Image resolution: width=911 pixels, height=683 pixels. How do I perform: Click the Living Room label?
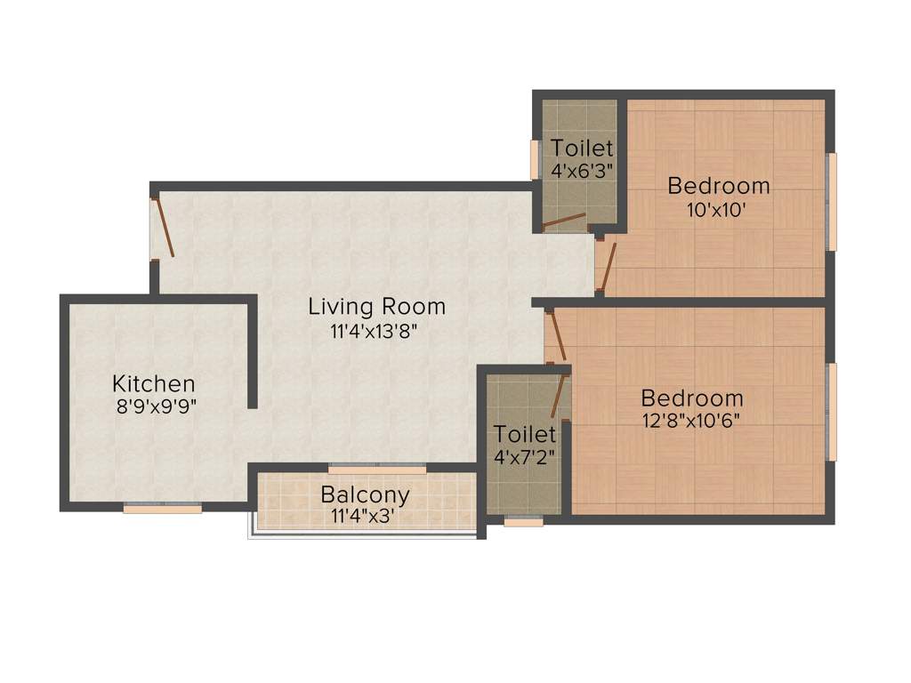(376, 307)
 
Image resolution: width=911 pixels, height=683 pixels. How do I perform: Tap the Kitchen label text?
(153, 384)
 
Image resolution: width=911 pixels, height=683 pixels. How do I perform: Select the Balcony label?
(366, 494)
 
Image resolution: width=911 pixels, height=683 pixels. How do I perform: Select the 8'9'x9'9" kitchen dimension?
(153, 407)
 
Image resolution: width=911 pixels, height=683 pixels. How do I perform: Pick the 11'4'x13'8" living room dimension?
(376, 332)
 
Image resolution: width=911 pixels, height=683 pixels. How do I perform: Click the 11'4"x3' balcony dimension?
(366, 515)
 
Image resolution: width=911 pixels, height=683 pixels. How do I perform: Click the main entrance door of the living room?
(164, 228)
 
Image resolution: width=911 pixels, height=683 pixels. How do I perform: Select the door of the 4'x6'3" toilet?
(563, 221)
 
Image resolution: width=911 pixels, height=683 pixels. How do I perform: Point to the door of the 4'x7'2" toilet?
(559, 397)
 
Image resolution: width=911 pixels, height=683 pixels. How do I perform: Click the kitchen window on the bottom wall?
(162, 509)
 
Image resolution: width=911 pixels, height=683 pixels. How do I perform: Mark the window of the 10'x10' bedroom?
(833, 202)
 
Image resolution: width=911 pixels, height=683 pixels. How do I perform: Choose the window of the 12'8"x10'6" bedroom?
(833, 412)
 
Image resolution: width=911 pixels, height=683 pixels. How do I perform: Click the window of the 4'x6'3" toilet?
(535, 160)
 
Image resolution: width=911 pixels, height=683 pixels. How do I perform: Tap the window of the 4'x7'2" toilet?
(523, 522)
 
